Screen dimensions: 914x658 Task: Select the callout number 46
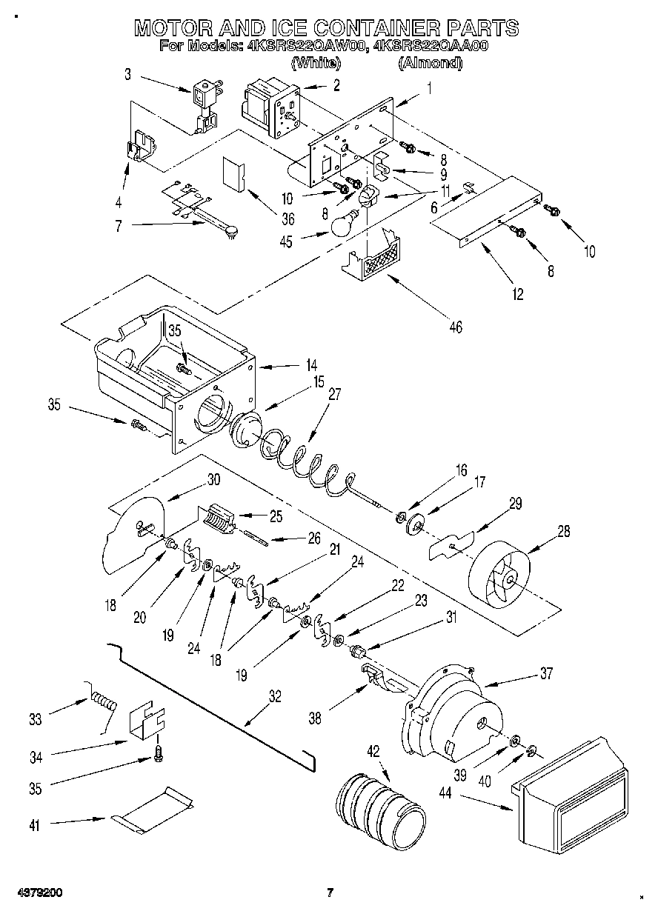point(456,326)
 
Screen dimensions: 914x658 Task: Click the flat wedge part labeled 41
point(153,813)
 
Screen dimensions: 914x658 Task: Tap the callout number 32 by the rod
point(275,696)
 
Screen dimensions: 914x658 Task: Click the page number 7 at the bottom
point(330,893)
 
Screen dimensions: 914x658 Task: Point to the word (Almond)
point(431,64)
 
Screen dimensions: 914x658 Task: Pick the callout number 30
point(213,479)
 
